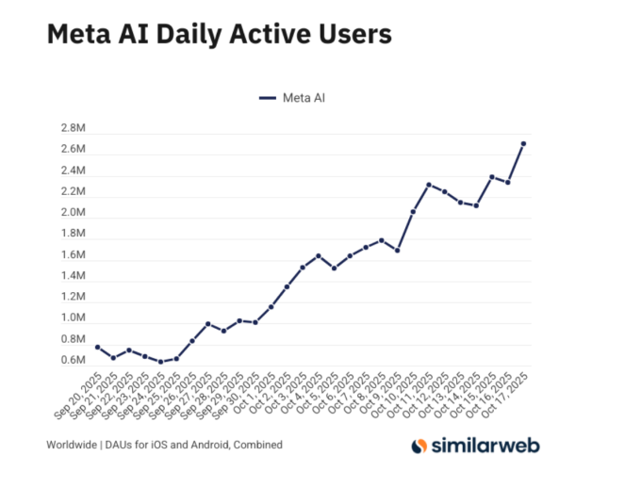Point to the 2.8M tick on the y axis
pos(74,129)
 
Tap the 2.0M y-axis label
pos(74,213)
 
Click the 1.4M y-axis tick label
pos(74,276)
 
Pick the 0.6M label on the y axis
pos(74,361)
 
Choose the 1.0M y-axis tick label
pos(74,318)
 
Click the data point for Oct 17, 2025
pos(523,143)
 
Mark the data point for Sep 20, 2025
pos(97,347)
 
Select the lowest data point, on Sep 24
pos(160,362)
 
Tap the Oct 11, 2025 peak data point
pos(429,185)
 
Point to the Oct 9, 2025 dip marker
pos(397,251)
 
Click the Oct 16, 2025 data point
pos(507,182)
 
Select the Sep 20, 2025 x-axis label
pos(80,395)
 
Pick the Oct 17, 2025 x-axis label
pos(506,395)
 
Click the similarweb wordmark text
pos(485,445)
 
